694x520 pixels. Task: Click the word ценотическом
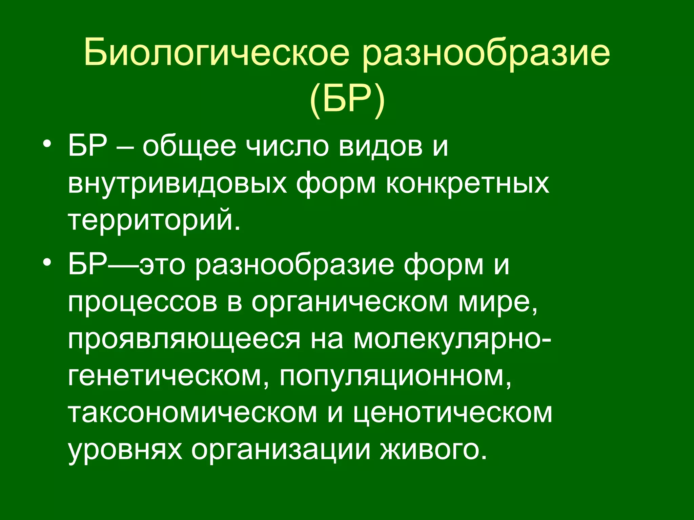point(453,413)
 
